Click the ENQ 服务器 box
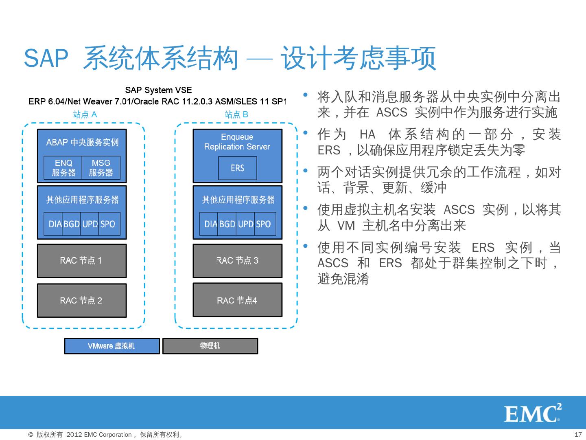coord(63,167)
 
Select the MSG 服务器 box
coord(101,167)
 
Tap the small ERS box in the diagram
coord(237,168)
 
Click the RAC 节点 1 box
coord(81,261)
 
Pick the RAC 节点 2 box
coord(81,301)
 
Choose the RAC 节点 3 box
coord(237,261)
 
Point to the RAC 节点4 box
coord(237,301)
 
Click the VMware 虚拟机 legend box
coord(112,346)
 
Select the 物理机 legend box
coord(210,346)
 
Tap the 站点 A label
coord(85,114)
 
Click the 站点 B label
coord(236,114)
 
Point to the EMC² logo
coord(533,413)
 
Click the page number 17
coord(578,434)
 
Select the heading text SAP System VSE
coord(158,90)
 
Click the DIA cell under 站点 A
coord(55,224)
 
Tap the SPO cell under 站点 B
coord(264,224)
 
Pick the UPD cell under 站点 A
coord(90,224)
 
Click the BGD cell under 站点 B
coord(227,224)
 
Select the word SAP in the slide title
coord(46,58)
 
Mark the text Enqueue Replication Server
coord(237,142)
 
